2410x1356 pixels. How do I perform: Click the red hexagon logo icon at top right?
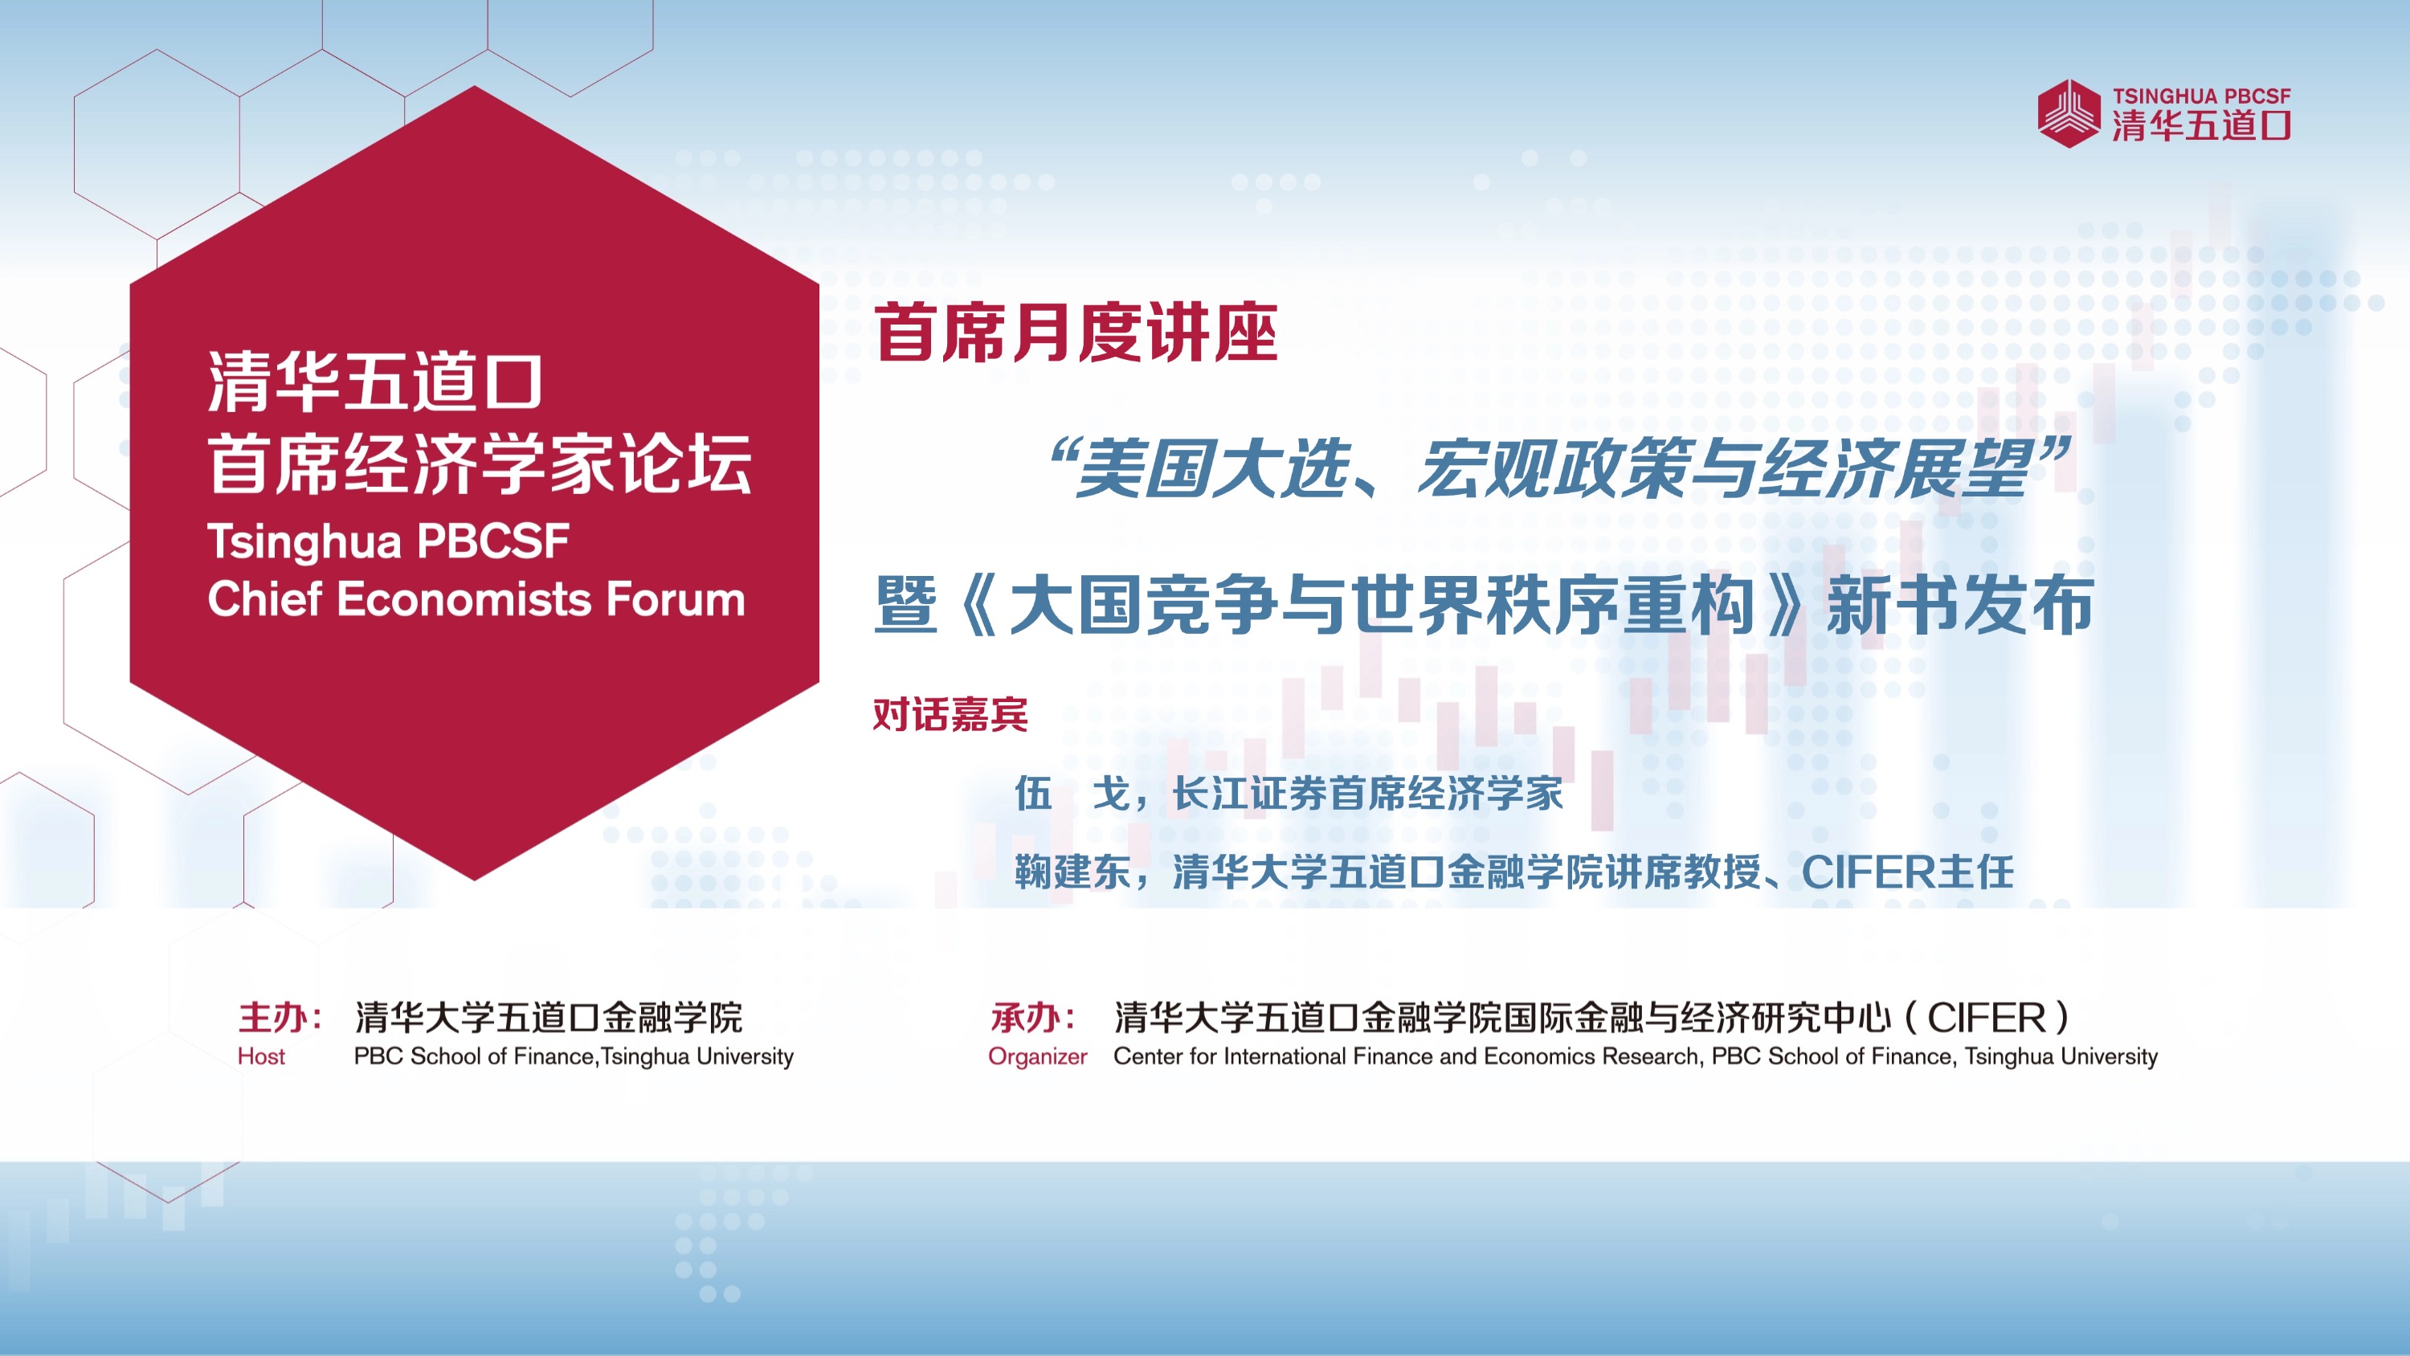(2069, 113)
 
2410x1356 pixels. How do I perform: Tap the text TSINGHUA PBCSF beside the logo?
(2201, 96)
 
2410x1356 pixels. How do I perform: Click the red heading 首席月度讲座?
(1076, 333)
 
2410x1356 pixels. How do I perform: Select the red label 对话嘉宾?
(950, 715)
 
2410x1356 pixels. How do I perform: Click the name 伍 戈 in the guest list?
(1073, 794)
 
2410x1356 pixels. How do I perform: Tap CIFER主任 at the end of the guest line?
(1908, 872)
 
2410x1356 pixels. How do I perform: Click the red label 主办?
(280, 1017)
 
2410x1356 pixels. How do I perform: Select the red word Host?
(261, 1056)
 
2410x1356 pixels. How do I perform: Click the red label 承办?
(1033, 1017)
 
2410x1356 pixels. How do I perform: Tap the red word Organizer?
(1038, 1057)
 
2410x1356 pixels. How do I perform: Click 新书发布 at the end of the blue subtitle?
(1960, 606)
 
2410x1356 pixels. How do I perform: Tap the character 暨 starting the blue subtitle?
(905, 606)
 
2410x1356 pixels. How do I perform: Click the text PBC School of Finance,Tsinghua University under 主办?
(574, 1056)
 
